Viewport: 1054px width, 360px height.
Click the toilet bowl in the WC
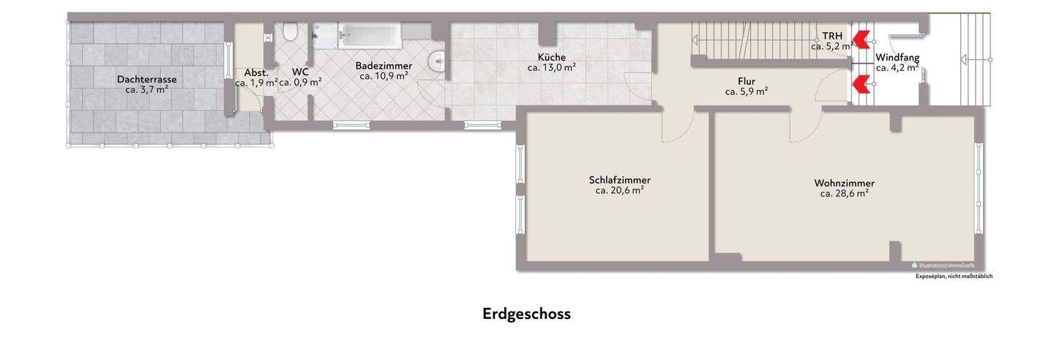point(291,32)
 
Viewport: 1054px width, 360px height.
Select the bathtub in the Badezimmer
point(370,34)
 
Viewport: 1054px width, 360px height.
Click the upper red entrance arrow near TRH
point(861,37)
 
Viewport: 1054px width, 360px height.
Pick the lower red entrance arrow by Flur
point(861,85)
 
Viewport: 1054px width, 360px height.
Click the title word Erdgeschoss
point(526,314)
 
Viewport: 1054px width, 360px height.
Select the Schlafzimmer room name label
point(619,180)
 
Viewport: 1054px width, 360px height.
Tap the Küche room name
point(551,57)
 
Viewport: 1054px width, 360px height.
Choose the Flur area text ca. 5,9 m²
point(746,92)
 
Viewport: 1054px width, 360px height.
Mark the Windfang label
point(897,57)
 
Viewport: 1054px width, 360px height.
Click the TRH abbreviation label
point(832,36)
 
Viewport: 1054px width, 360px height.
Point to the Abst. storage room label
point(256,73)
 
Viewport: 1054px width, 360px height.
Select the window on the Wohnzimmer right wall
point(979,187)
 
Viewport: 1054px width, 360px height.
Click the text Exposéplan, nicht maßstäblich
point(954,277)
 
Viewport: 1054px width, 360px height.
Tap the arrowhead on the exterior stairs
point(965,60)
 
